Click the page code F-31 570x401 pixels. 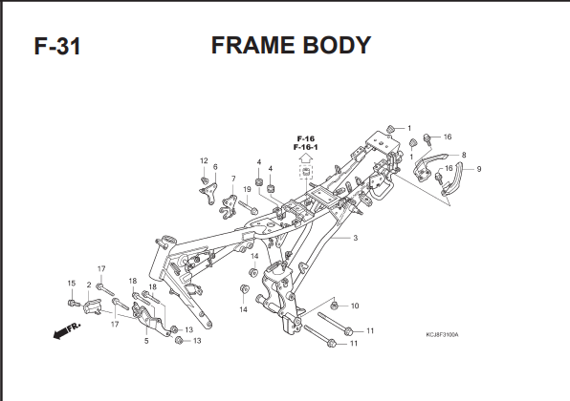(57, 46)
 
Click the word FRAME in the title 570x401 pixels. (253, 46)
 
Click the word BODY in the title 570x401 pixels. (337, 46)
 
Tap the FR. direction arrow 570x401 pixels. (67, 330)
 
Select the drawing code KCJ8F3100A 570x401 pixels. (442, 334)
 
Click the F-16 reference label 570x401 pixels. (306, 138)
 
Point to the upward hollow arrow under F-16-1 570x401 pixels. (306, 158)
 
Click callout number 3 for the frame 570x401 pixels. (355, 238)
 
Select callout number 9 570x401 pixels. (479, 169)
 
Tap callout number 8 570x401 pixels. (464, 155)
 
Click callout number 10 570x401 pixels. (355, 306)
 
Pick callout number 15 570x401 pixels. (71, 284)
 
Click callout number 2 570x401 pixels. (89, 285)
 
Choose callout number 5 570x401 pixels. (146, 341)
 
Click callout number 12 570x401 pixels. (204, 160)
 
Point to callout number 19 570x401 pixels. (247, 189)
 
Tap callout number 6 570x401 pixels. (215, 167)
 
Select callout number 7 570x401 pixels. (233, 179)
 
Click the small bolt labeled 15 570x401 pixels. (74, 303)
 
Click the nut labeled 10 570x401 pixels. (335, 306)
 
